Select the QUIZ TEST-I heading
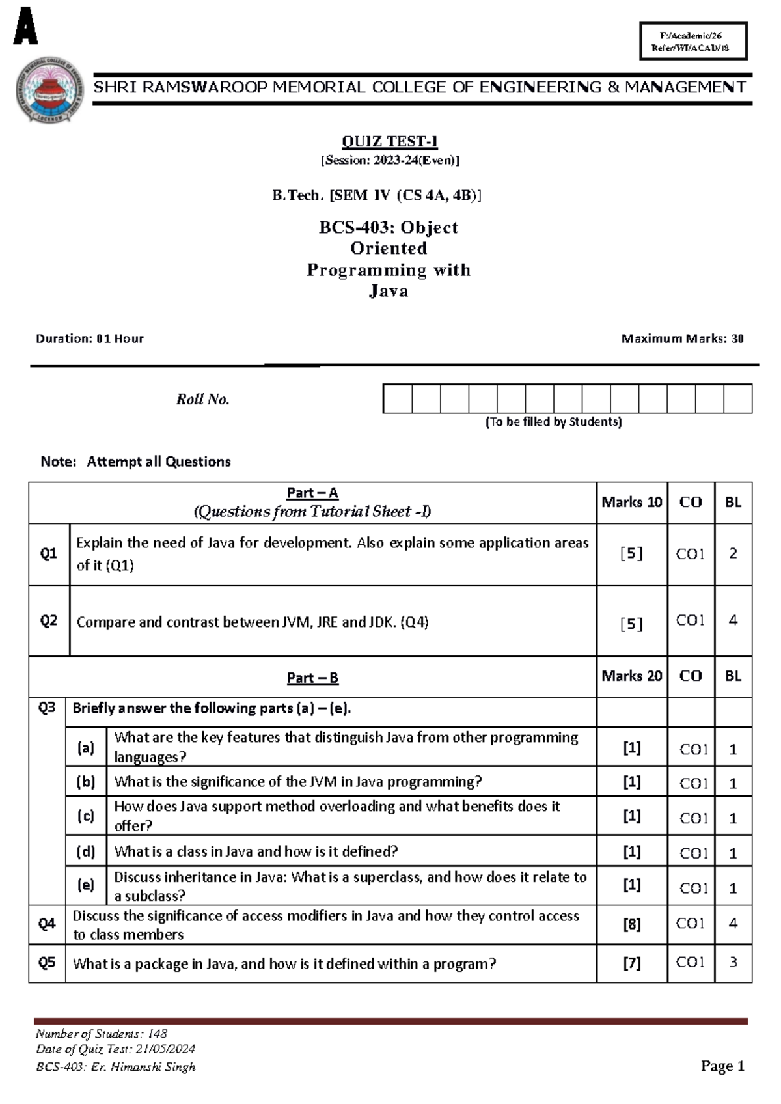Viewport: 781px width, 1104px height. click(389, 141)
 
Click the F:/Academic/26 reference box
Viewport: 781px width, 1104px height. click(693, 41)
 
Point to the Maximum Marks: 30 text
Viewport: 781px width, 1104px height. click(682, 338)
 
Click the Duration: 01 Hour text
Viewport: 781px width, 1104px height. click(90, 338)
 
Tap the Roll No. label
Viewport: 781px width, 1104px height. click(202, 399)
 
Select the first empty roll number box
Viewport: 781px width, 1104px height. click(398, 399)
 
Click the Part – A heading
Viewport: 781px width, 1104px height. click(312, 493)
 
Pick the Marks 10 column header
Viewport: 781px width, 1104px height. click(631, 502)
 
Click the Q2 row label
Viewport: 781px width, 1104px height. click(49, 620)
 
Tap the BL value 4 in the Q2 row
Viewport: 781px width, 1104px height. click(733, 620)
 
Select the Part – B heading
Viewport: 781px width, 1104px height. click(312, 678)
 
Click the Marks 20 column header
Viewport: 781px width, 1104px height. click(631, 676)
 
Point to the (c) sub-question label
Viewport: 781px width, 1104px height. click(86, 816)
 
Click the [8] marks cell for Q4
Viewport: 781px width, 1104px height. click(631, 924)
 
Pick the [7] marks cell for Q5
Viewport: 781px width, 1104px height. click(631, 963)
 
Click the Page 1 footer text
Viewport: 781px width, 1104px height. click(722, 1066)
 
